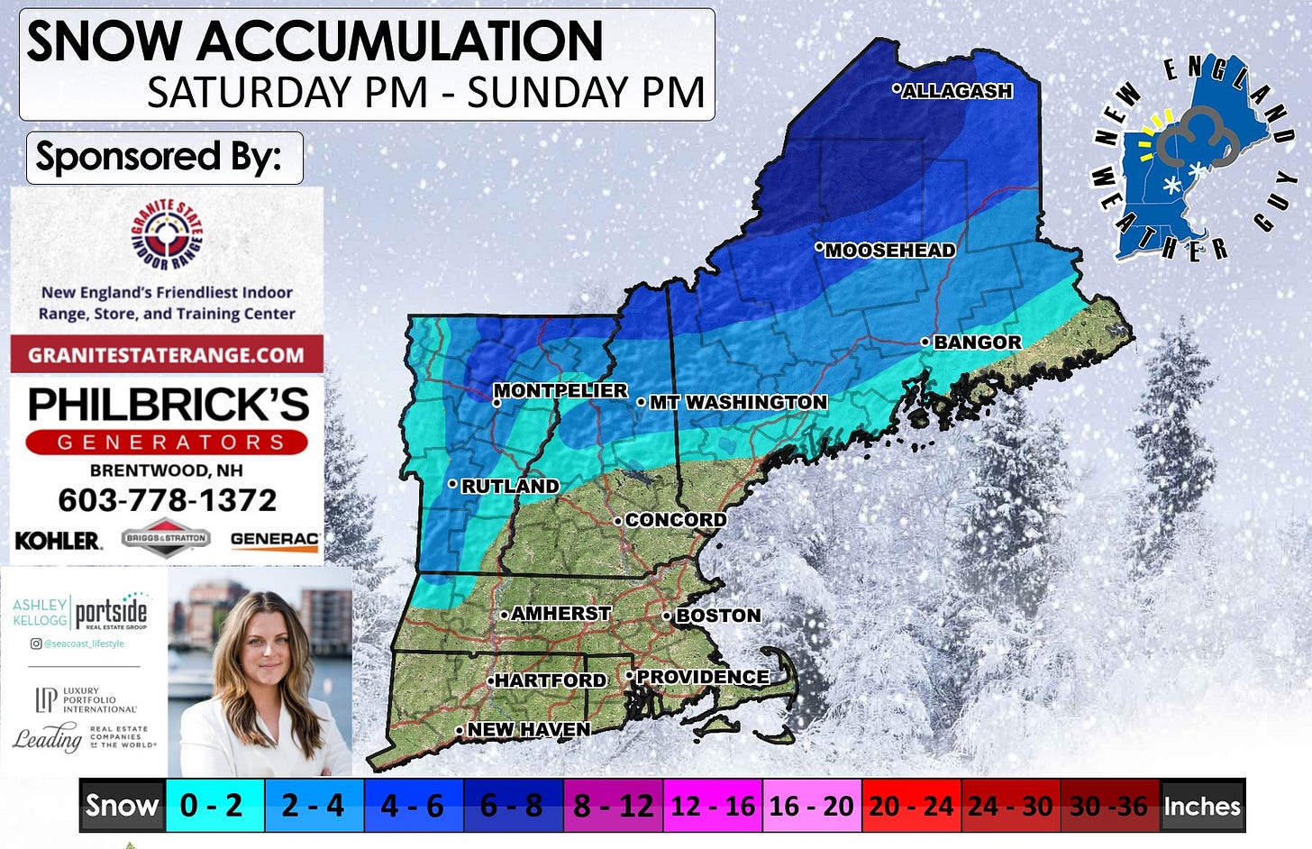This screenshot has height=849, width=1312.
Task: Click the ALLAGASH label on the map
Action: pos(957,91)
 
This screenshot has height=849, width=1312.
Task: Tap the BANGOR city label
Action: pos(977,342)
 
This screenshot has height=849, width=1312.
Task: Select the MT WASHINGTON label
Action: pos(738,402)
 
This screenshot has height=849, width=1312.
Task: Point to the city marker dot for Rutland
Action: pos(452,484)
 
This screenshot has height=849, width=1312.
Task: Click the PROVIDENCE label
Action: pos(702,677)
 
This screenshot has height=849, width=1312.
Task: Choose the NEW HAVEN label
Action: pos(528,729)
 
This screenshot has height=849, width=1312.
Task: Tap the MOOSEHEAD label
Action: pos(889,251)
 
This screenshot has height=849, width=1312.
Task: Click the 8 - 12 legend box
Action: pos(613,805)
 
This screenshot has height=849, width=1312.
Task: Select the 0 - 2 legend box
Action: pos(213,805)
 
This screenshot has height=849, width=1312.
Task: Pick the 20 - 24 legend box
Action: pos(911,805)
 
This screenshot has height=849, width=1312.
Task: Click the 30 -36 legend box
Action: pos(1108,805)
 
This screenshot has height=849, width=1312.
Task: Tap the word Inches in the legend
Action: pos(1202,806)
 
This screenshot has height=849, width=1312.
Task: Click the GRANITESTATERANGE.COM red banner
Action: pos(167,354)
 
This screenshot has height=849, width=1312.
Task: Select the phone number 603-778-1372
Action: pos(167,500)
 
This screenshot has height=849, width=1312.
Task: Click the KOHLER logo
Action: pos(58,540)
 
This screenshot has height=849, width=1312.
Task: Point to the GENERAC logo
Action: pos(274,539)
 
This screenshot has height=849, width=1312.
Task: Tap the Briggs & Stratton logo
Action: pos(166,538)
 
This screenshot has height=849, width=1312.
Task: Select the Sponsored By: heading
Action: pos(159,157)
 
